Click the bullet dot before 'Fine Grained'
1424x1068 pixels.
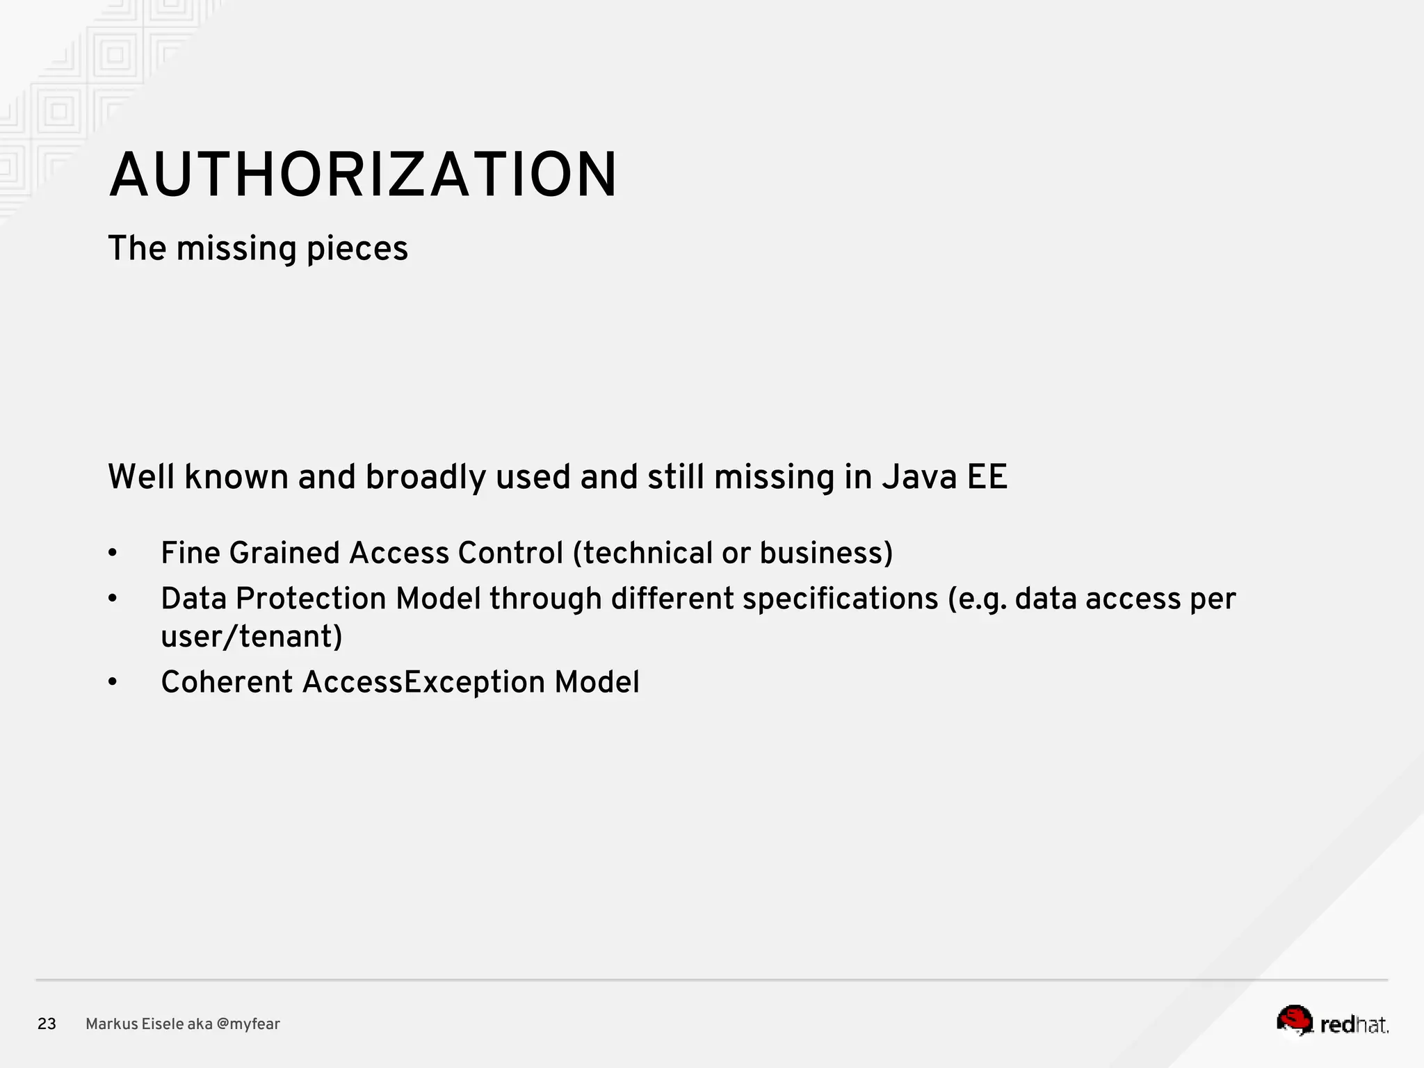point(113,554)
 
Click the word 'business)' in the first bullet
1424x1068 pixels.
point(825,554)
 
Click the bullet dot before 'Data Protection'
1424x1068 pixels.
point(113,599)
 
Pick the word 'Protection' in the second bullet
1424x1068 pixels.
point(310,599)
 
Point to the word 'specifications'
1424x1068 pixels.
point(840,599)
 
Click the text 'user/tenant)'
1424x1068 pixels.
point(252,637)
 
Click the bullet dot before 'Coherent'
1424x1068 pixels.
point(113,683)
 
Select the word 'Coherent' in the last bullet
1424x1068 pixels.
point(227,683)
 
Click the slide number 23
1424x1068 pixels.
point(47,1024)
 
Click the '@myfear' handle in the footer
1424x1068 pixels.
point(248,1024)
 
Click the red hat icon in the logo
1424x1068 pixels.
point(1294,1020)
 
